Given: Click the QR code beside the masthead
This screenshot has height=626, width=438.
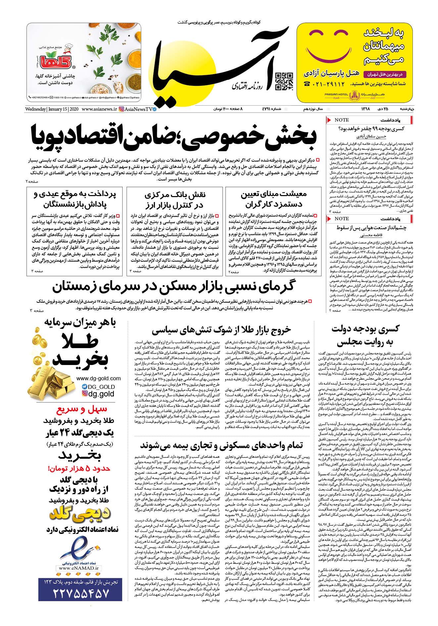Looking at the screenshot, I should pos(284,81).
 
